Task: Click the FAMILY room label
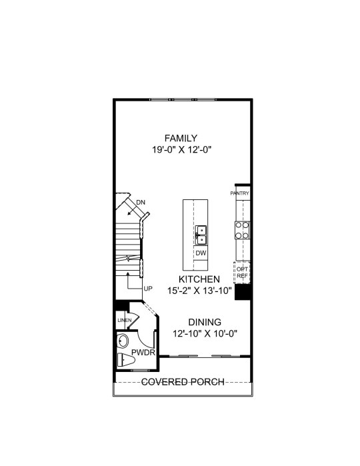(181, 138)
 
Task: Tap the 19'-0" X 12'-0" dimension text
(181, 150)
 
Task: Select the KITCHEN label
(199, 279)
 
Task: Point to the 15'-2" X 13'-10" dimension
(199, 291)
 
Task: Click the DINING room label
(205, 322)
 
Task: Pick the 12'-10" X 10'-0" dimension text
(205, 334)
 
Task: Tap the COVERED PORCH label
(183, 382)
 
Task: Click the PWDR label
(143, 353)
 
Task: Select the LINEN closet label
(125, 321)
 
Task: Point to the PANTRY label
(239, 193)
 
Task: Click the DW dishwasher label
(201, 253)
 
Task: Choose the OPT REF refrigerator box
(242, 273)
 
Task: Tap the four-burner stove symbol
(242, 231)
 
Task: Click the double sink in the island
(201, 235)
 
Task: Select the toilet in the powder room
(126, 360)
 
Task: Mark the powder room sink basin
(123, 341)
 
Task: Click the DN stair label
(141, 203)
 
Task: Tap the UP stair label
(148, 289)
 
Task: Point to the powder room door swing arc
(145, 343)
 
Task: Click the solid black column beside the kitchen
(243, 292)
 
